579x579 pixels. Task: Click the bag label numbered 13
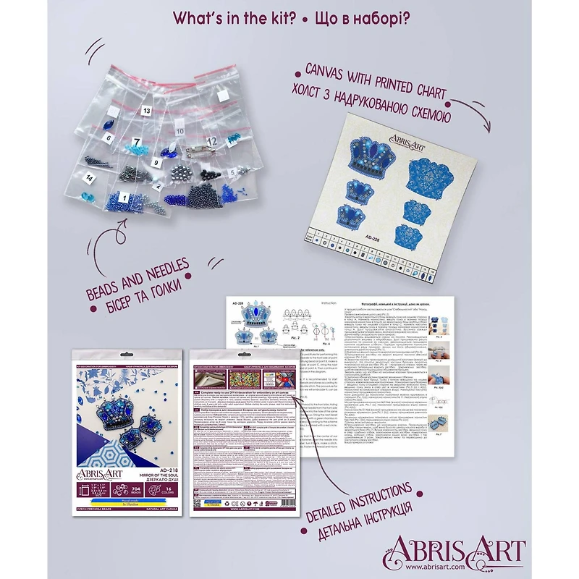[x=147, y=111]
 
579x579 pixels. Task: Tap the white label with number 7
[x=136, y=140]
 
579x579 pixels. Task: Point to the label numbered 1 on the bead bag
[x=123, y=197]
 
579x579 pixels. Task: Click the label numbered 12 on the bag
[x=211, y=140]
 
